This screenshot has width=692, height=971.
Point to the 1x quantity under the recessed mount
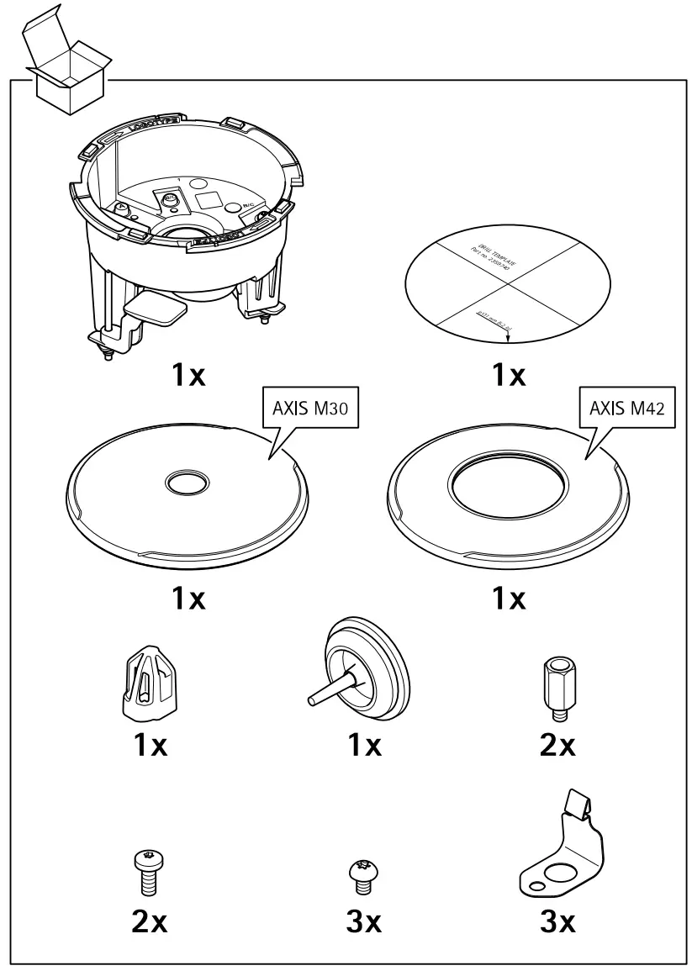[188, 375]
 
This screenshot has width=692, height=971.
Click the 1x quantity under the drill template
[508, 375]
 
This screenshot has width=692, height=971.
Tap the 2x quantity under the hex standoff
[557, 744]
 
